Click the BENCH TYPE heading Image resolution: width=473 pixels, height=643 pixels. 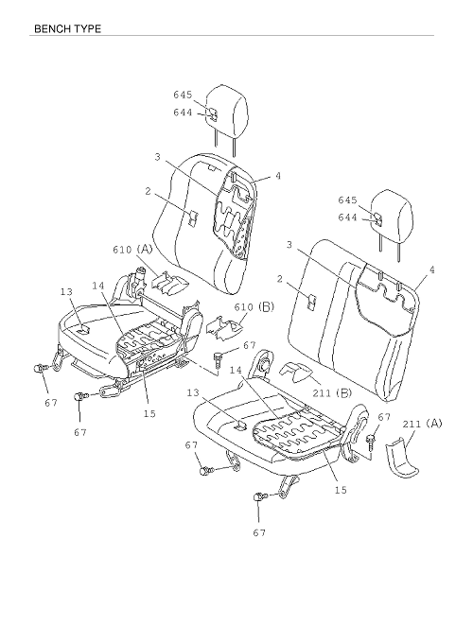tap(67, 28)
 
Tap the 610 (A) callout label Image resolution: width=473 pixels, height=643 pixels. tap(132, 249)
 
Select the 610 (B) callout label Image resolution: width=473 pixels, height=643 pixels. tap(254, 306)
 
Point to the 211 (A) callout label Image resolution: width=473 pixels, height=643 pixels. tap(422, 424)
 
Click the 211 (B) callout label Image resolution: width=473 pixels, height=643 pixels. tap(332, 392)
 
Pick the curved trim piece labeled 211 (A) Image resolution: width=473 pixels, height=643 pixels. tap(402, 459)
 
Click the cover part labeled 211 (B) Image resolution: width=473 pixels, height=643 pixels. tap(297, 371)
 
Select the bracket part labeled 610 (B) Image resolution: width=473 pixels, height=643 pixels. tap(223, 328)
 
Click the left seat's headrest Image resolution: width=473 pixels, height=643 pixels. tap(226, 111)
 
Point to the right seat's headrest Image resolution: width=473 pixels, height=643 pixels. tap(392, 214)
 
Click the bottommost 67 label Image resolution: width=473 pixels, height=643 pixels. tap(259, 532)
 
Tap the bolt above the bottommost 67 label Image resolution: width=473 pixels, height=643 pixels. tap(260, 496)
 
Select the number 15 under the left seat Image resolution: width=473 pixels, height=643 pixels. tap(149, 414)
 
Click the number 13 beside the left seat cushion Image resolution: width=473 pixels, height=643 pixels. tap(66, 291)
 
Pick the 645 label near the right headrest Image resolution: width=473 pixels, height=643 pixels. tap(347, 200)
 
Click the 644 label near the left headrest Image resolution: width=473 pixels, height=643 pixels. tap(183, 112)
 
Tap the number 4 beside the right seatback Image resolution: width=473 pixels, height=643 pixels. tap(431, 269)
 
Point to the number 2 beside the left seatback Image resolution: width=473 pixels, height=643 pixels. tap(148, 191)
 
